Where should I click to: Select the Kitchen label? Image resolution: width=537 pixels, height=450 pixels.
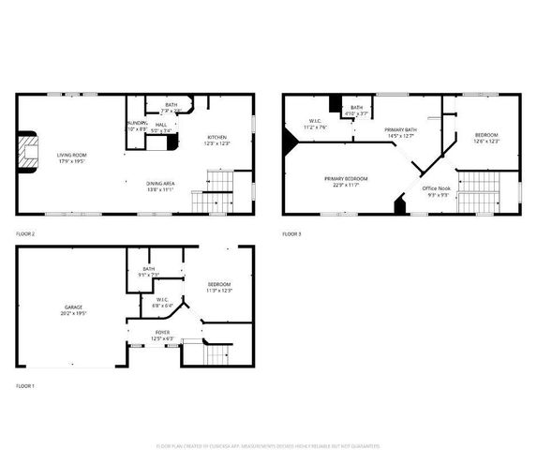(217, 141)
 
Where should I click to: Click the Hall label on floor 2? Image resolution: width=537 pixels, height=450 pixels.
(161, 127)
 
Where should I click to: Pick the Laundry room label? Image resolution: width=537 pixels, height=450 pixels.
(137, 126)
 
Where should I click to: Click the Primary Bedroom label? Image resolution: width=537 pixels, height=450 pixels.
(346, 181)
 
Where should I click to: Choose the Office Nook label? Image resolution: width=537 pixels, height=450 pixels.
(437, 191)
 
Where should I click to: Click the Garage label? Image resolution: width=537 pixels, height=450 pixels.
(74, 310)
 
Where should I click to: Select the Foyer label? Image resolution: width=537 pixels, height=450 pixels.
(162, 335)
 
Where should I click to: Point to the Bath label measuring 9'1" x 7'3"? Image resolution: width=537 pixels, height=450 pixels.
(149, 272)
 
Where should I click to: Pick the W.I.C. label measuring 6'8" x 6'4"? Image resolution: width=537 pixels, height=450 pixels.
(162, 302)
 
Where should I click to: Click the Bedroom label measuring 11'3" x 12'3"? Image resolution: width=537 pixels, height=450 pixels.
(218, 286)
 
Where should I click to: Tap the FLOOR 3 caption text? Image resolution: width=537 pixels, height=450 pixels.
(291, 233)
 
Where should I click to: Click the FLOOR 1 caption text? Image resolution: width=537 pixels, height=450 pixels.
(25, 386)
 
